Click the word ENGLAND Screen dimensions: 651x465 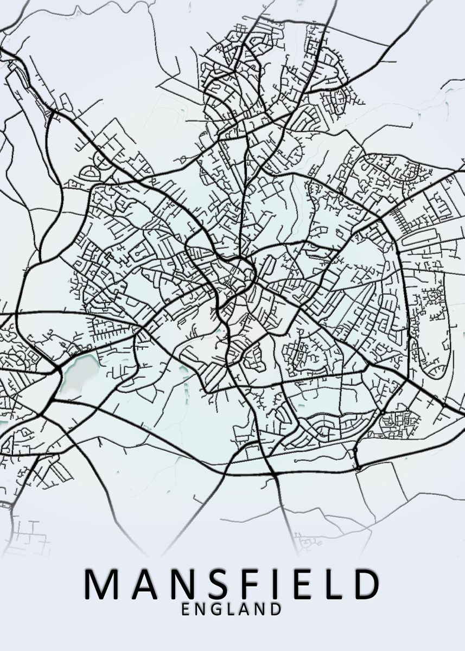[x=232, y=609]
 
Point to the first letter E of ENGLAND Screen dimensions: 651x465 [x=186, y=609]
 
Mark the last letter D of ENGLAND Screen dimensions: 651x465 [x=276, y=609]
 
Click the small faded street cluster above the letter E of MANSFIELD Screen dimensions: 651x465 [x=307, y=541]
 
